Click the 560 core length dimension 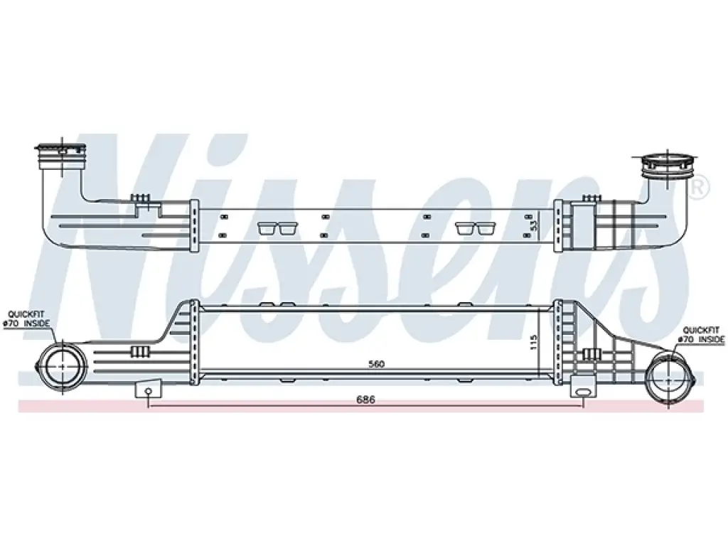point(376,364)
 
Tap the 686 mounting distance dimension point(366,400)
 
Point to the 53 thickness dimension point(534,225)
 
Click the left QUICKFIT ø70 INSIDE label point(26,319)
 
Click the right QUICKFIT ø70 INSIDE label point(701,335)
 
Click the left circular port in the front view point(63,365)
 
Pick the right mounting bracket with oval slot point(582,387)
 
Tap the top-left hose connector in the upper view point(61,156)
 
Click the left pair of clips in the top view point(278,228)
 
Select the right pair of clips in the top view point(476,228)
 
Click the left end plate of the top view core point(195,226)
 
